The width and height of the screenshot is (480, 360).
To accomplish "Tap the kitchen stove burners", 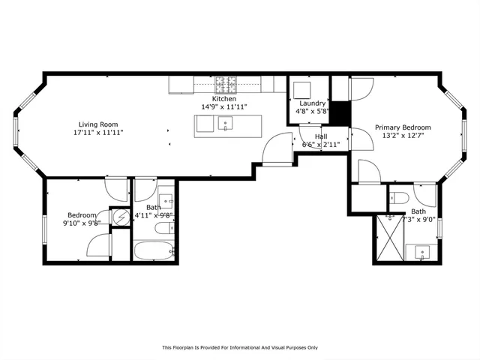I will coord(225,84).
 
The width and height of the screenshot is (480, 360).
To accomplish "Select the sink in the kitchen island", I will coord(225,125).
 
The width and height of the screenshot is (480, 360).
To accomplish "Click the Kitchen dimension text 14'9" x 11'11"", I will coord(223,106).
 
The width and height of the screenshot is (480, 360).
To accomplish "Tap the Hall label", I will coord(320,136).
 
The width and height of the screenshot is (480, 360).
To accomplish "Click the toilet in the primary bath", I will coord(400,199).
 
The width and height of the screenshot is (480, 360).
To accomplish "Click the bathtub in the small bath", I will coord(154,250).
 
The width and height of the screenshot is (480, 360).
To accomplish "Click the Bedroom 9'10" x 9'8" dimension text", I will coord(79,222).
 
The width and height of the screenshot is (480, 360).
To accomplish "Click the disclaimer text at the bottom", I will coord(240,347).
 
